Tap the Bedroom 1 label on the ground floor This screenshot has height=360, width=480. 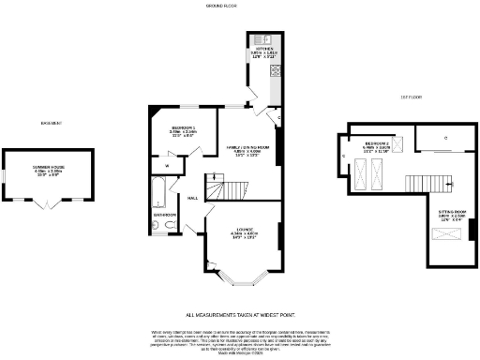tap(183, 132)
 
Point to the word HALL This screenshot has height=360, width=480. tap(192, 199)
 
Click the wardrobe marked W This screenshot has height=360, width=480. tap(167, 165)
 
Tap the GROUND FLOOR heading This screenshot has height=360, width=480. tap(220, 6)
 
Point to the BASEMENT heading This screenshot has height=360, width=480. tap(51, 122)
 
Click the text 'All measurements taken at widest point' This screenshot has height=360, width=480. tap(240, 315)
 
